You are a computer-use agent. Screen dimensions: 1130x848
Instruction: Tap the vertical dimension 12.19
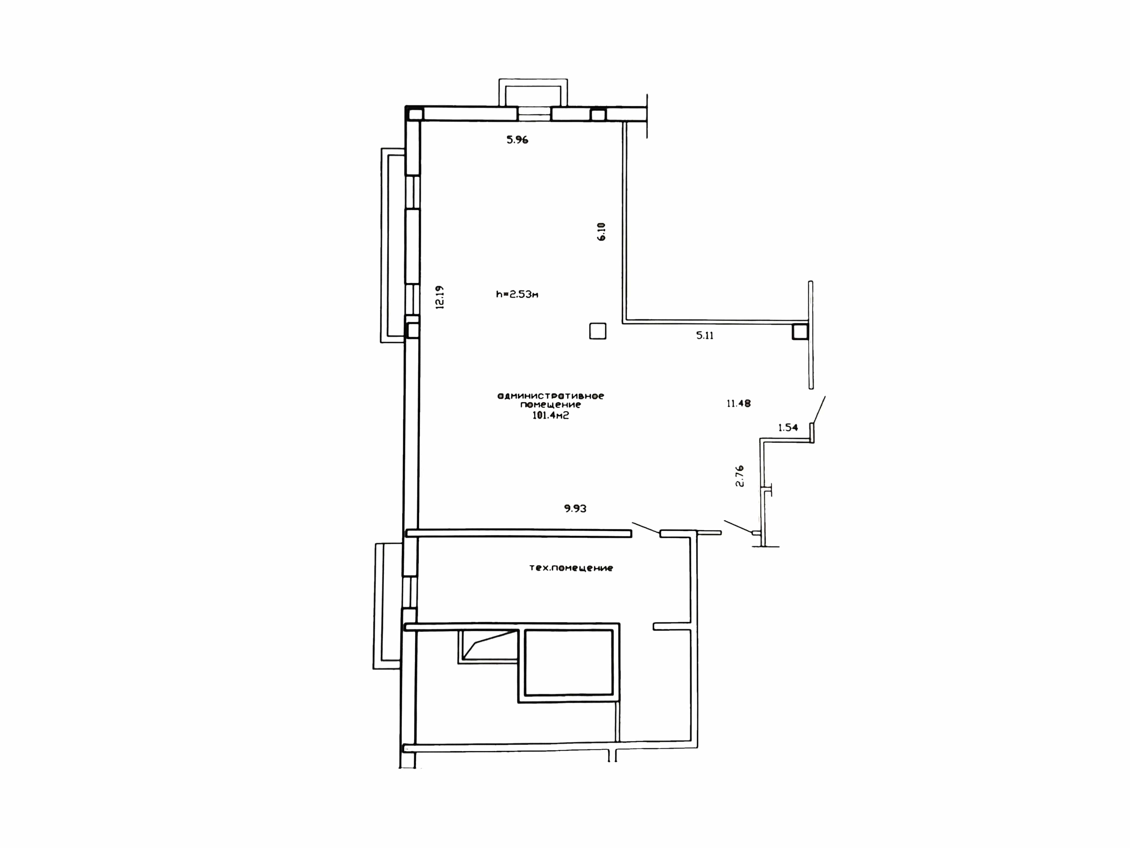point(439,297)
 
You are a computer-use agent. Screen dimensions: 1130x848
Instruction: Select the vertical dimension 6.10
point(601,231)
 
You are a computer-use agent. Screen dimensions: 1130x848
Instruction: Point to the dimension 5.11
point(705,336)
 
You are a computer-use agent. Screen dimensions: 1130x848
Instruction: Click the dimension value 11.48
point(739,403)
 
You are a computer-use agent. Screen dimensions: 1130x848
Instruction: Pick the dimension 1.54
point(788,427)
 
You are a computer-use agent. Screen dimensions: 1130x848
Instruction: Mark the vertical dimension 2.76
point(739,476)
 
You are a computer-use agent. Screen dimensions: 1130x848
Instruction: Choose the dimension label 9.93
point(575,509)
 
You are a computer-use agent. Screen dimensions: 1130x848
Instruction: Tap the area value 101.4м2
point(551,415)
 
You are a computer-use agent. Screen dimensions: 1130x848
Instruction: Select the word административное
point(551,396)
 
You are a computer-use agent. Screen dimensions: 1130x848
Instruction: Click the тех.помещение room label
point(571,568)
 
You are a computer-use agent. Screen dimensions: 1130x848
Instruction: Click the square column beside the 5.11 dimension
point(800,332)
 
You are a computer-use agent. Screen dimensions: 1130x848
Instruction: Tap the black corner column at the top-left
point(415,113)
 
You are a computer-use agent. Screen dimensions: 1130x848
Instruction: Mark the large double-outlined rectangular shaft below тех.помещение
point(569,662)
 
